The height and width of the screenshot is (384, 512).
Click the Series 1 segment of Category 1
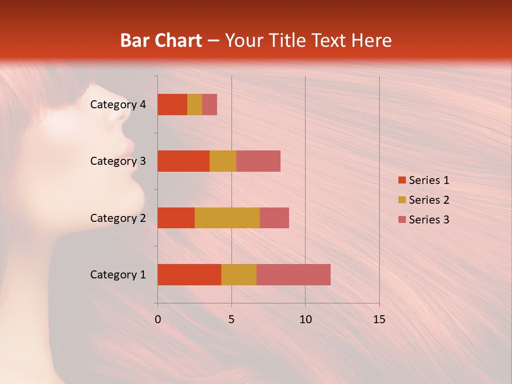click(189, 275)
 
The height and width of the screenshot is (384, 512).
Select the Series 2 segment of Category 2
click(227, 218)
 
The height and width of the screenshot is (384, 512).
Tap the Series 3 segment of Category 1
click(293, 275)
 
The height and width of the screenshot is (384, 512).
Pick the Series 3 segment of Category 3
click(258, 161)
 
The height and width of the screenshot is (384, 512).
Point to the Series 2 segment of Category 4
click(195, 105)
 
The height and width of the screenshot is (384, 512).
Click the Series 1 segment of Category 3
click(183, 161)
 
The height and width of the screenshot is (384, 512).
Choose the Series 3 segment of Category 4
click(210, 105)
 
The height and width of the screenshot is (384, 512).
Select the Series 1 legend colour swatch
click(402, 180)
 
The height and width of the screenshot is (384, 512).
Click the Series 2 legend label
click(429, 200)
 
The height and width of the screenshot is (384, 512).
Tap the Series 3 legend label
click(429, 220)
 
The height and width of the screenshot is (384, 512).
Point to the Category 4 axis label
click(118, 105)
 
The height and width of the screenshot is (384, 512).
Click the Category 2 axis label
click(118, 218)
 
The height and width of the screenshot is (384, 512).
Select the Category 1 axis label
click(118, 275)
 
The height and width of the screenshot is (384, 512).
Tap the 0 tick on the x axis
click(158, 319)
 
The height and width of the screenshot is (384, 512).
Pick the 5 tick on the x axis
click(231, 319)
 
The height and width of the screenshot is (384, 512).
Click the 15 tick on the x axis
click(379, 319)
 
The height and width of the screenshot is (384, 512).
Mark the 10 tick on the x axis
click(305, 319)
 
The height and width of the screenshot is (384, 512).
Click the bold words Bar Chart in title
click(161, 41)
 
